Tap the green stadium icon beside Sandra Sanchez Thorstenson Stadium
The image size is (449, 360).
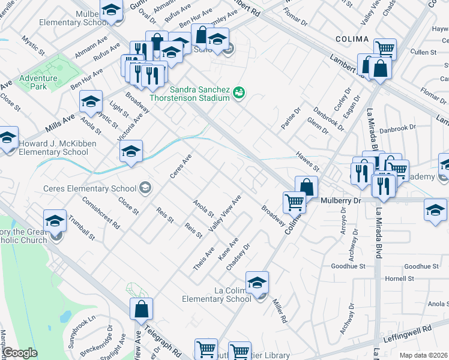click(239, 92)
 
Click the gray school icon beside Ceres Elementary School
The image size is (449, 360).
click(145, 188)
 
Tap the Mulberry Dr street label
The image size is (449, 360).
click(339, 200)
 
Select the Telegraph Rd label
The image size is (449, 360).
click(163, 340)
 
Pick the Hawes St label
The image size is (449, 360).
click(307, 157)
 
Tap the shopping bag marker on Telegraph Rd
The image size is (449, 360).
click(141, 310)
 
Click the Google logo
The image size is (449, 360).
click(20, 353)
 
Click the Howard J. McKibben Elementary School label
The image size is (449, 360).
click(53, 148)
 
